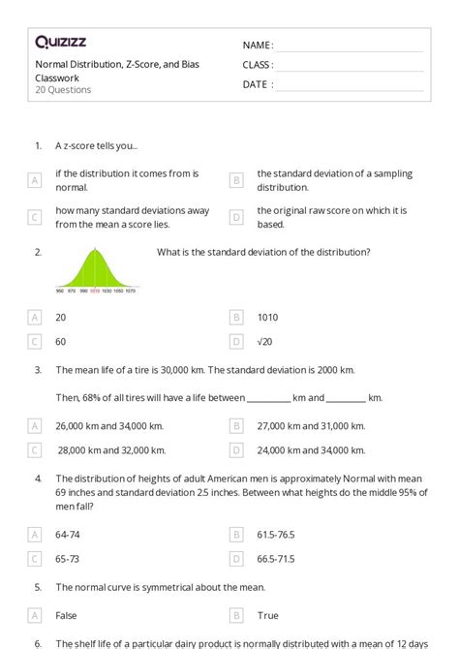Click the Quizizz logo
[x=60, y=42]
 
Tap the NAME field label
[x=258, y=46]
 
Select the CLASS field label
[x=258, y=65]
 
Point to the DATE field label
[x=257, y=84]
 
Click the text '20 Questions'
[x=63, y=90]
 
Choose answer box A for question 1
[x=35, y=180]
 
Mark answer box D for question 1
[x=235, y=217]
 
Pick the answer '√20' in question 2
[x=267, y=341]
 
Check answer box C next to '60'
[x=35, y=341]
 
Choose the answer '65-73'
[x=69, y=559]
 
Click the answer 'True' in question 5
[x=267, y=615]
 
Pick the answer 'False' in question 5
[x=67, y=615]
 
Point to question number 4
[x=38, y=478]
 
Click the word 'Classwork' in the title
[x=57, y=77]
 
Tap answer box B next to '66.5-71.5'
[x=235, y=559]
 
